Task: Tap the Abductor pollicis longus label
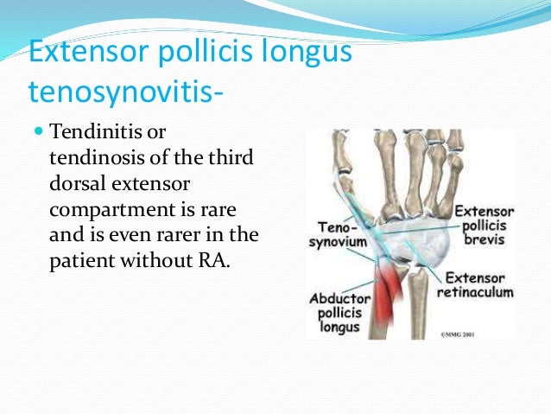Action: (x=339, y=313)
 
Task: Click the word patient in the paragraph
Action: (x=82, y=258)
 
